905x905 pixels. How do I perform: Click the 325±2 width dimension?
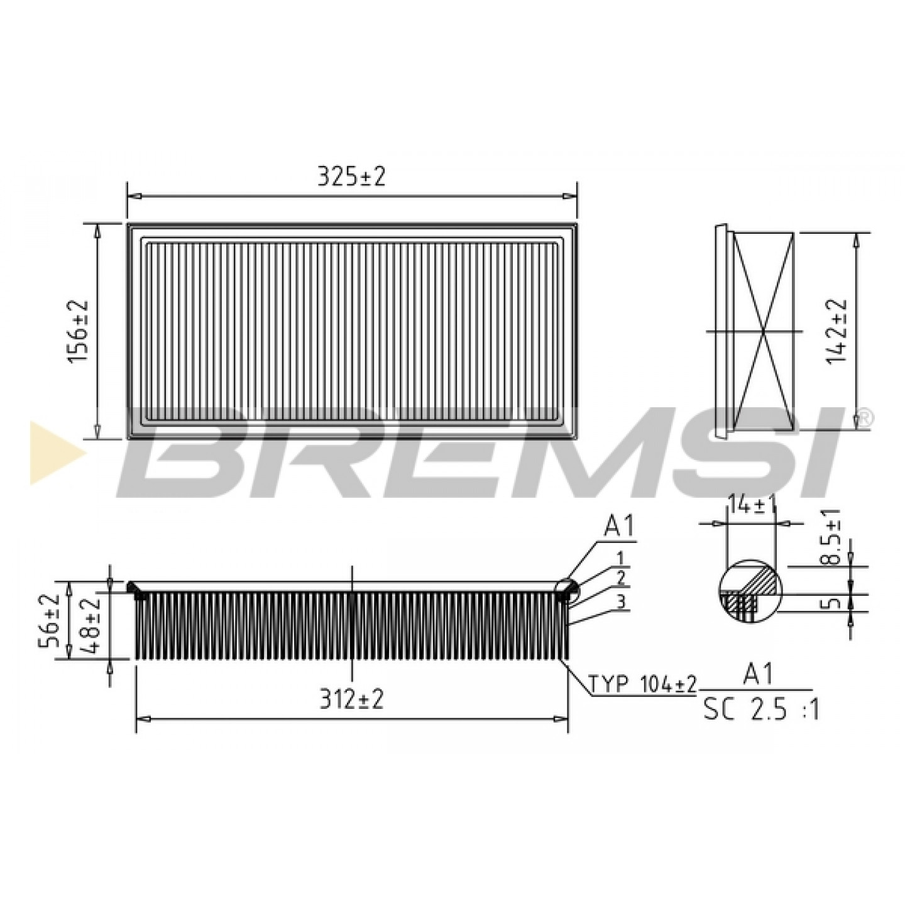pyautogui.click(x=351, y=177)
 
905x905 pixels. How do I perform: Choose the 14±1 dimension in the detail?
pyautogui.click(x=750, y=505)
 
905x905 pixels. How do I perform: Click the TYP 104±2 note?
pyautogui.click(x=642, y=684)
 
